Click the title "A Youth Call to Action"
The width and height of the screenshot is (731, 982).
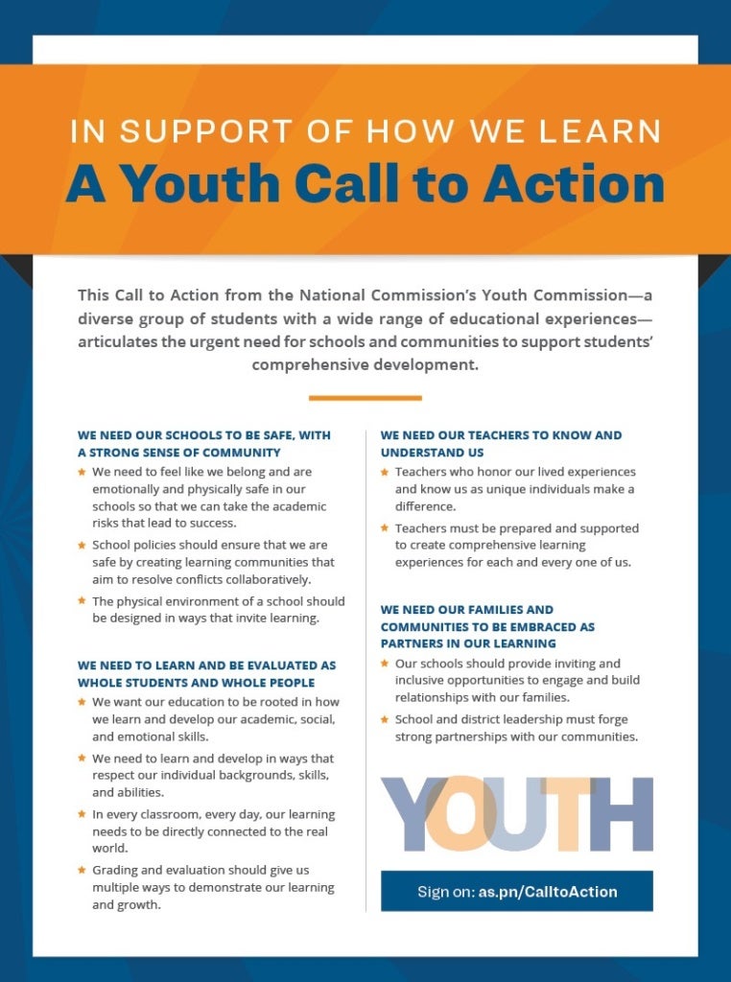[x=365, y=184]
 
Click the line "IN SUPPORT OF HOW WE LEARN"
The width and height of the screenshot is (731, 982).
[x=365, y=131]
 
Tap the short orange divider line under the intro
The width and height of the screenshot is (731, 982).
[x=365, y=397]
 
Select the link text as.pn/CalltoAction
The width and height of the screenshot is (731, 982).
[x=548, y=892]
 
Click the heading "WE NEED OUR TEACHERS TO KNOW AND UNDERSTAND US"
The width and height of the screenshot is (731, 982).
[x=501, y=443]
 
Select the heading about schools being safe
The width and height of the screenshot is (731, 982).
[x=203, y=443]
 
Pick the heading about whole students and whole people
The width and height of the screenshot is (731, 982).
[x=206, y=673]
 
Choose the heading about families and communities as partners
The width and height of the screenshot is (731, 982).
[x=487, y=626]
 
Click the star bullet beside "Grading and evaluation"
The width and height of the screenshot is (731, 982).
[x=83, y=870]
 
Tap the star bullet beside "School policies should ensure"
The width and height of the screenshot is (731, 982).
[x=83, y=545]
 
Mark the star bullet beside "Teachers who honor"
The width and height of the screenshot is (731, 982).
[x=386, y=472]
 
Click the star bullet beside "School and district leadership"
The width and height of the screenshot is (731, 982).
[x=386, y=719]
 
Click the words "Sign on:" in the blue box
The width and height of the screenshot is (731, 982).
[x=445, y=892]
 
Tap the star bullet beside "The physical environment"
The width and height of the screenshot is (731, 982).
[x=83, y=601]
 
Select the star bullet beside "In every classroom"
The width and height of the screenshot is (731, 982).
[x=83, y=814]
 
